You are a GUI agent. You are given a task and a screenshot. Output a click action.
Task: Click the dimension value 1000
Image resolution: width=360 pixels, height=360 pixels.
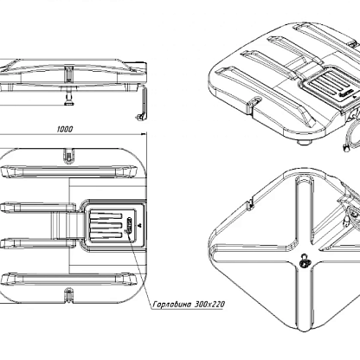tap(65, 129)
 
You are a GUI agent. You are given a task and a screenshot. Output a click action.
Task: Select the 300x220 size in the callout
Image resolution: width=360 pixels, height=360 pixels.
tap(209, 305)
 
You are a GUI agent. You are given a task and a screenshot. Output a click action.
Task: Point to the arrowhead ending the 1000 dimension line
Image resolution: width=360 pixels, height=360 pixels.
tap(144, 134)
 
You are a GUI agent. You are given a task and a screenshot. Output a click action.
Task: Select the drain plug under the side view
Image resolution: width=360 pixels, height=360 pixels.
tap(68, 98)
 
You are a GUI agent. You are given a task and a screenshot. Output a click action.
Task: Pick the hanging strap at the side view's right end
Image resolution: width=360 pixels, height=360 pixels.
tap(142, 103)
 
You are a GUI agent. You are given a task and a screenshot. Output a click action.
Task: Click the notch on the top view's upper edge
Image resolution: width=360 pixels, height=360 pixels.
tap(68, 156)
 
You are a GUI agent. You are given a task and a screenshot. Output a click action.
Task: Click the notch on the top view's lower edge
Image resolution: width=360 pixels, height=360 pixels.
tap(68, 295)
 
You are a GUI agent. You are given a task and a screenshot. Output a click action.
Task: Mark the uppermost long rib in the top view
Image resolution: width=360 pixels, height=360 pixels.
tap(68, 171)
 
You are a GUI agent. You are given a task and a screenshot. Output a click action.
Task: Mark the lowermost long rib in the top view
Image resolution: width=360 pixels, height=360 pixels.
tap(68, 280)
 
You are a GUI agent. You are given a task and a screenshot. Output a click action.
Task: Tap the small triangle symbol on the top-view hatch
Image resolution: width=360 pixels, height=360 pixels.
tap(139, 226)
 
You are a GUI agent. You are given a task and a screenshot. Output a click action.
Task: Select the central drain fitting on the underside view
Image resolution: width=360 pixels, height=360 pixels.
tap(304, 260)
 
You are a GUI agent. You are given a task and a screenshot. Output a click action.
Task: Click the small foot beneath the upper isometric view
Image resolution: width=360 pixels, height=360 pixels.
tap(305, 142)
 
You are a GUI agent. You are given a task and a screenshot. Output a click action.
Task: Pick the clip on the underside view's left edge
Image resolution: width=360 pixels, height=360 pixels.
tap(250, 202)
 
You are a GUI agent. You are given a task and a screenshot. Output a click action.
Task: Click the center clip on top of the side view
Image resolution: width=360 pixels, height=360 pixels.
tap(68, 74)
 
